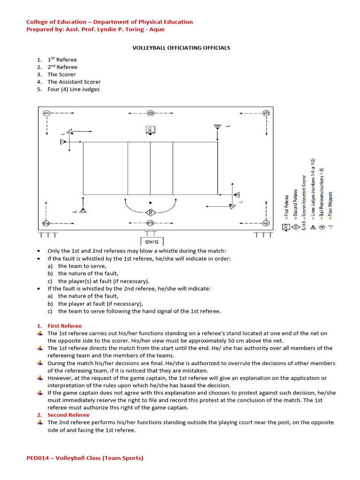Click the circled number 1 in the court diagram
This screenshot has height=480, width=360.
(x=46, y=113)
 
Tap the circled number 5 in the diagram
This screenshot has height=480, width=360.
(x=266, y=113)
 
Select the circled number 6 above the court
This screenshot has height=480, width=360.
(x=150, y=113)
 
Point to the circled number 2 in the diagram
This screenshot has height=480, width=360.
(x=46, y=223)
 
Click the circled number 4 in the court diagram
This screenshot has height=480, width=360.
(x=265, y=223)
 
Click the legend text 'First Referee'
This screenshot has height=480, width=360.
(x=286, y=208)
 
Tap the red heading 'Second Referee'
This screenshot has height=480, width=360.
(x=69, y=415)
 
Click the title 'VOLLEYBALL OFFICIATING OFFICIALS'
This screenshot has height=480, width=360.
(x=180, y=48)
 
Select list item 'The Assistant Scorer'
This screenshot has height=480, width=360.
(x=74, y=82)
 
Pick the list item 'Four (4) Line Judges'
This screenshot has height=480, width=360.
(x=73, y=89)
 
